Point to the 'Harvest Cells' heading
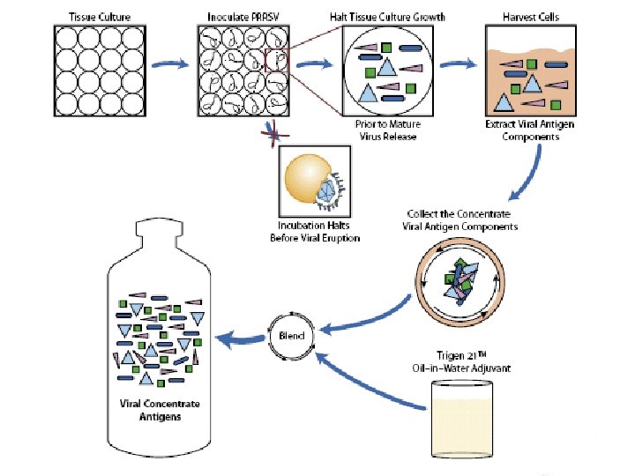click(x=527, y=17)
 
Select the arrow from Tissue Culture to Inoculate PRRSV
click(x=169, y=64)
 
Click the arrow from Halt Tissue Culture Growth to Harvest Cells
click(x=459, y=64)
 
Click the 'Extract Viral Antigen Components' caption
click(x=529, y=131)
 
